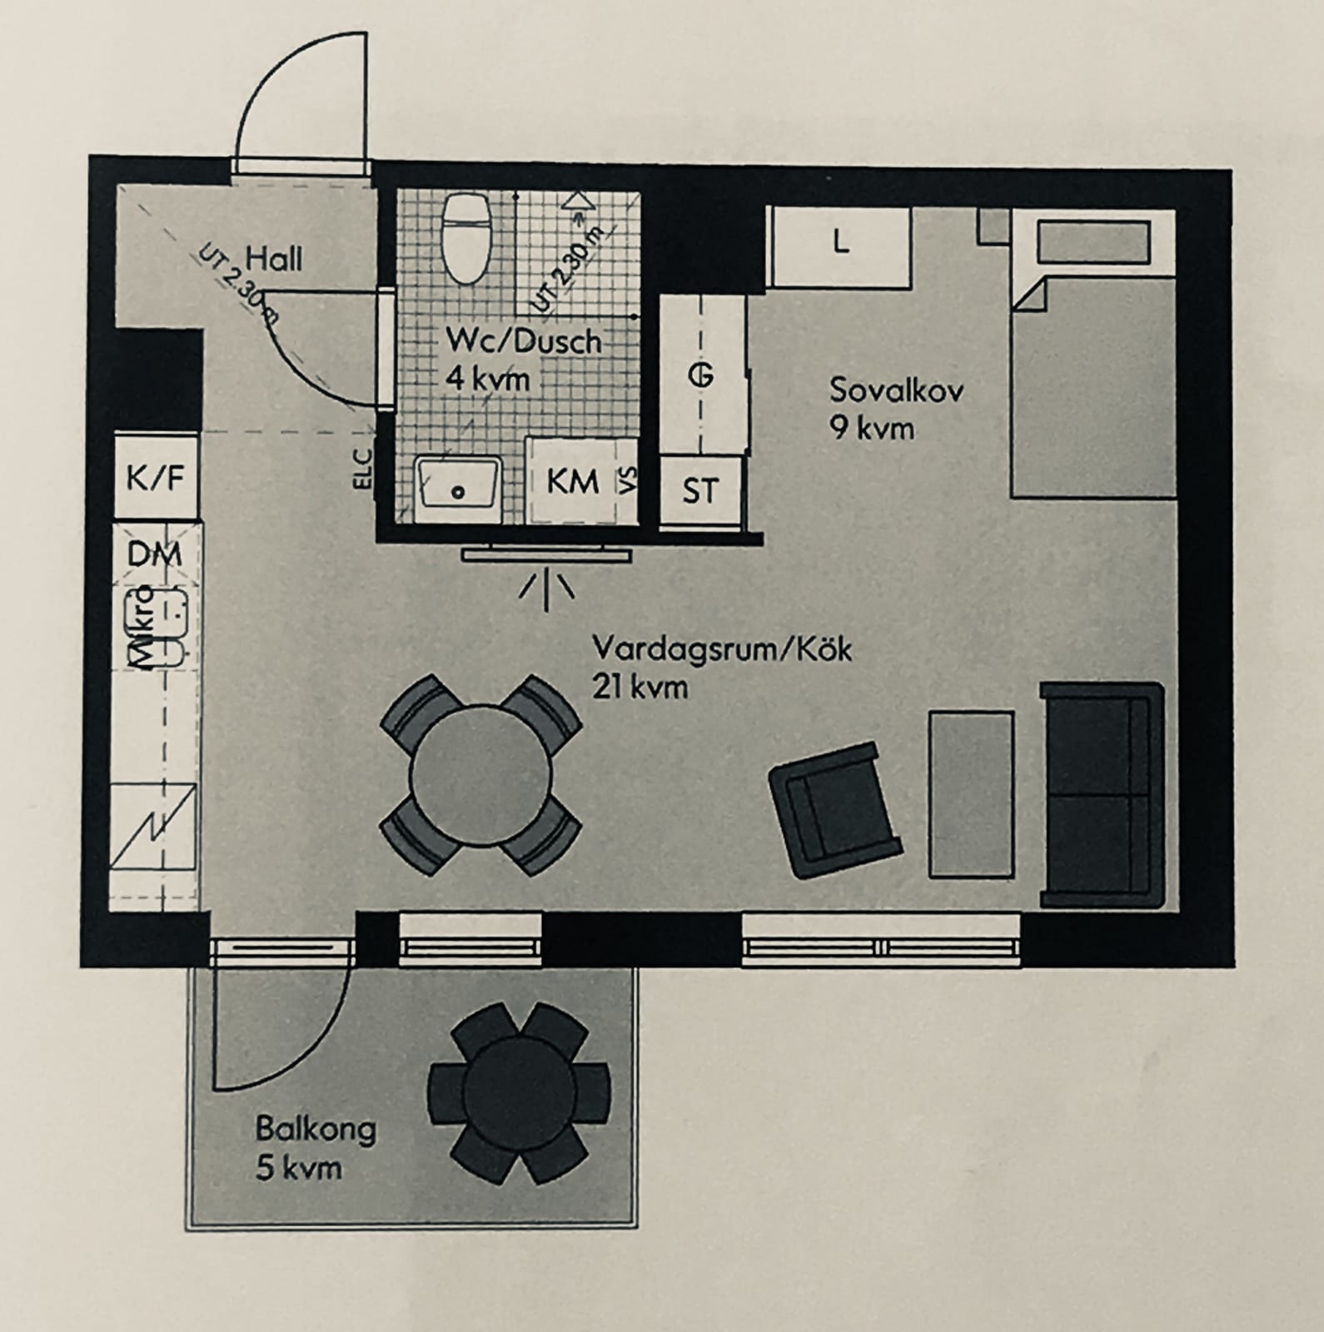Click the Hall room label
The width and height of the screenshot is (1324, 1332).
(x=274, y=259)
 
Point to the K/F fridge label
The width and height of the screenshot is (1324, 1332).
(x=154, y=478)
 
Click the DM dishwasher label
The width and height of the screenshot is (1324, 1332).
(x=155, y=553)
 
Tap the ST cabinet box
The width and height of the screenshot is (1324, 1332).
(x=700, y=491)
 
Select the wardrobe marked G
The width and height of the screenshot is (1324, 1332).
(x=702, y=375)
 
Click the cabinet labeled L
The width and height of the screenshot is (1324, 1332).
(x=839, y=247)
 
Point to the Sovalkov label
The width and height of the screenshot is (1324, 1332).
(x=896, y=390)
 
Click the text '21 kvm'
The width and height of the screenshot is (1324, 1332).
(x=640, y=688)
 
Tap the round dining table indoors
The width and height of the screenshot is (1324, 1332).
(x=480, y=774)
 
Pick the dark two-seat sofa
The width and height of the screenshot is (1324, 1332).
(x=1101, y=795)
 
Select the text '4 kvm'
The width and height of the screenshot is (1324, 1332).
(x=488, y=380)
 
